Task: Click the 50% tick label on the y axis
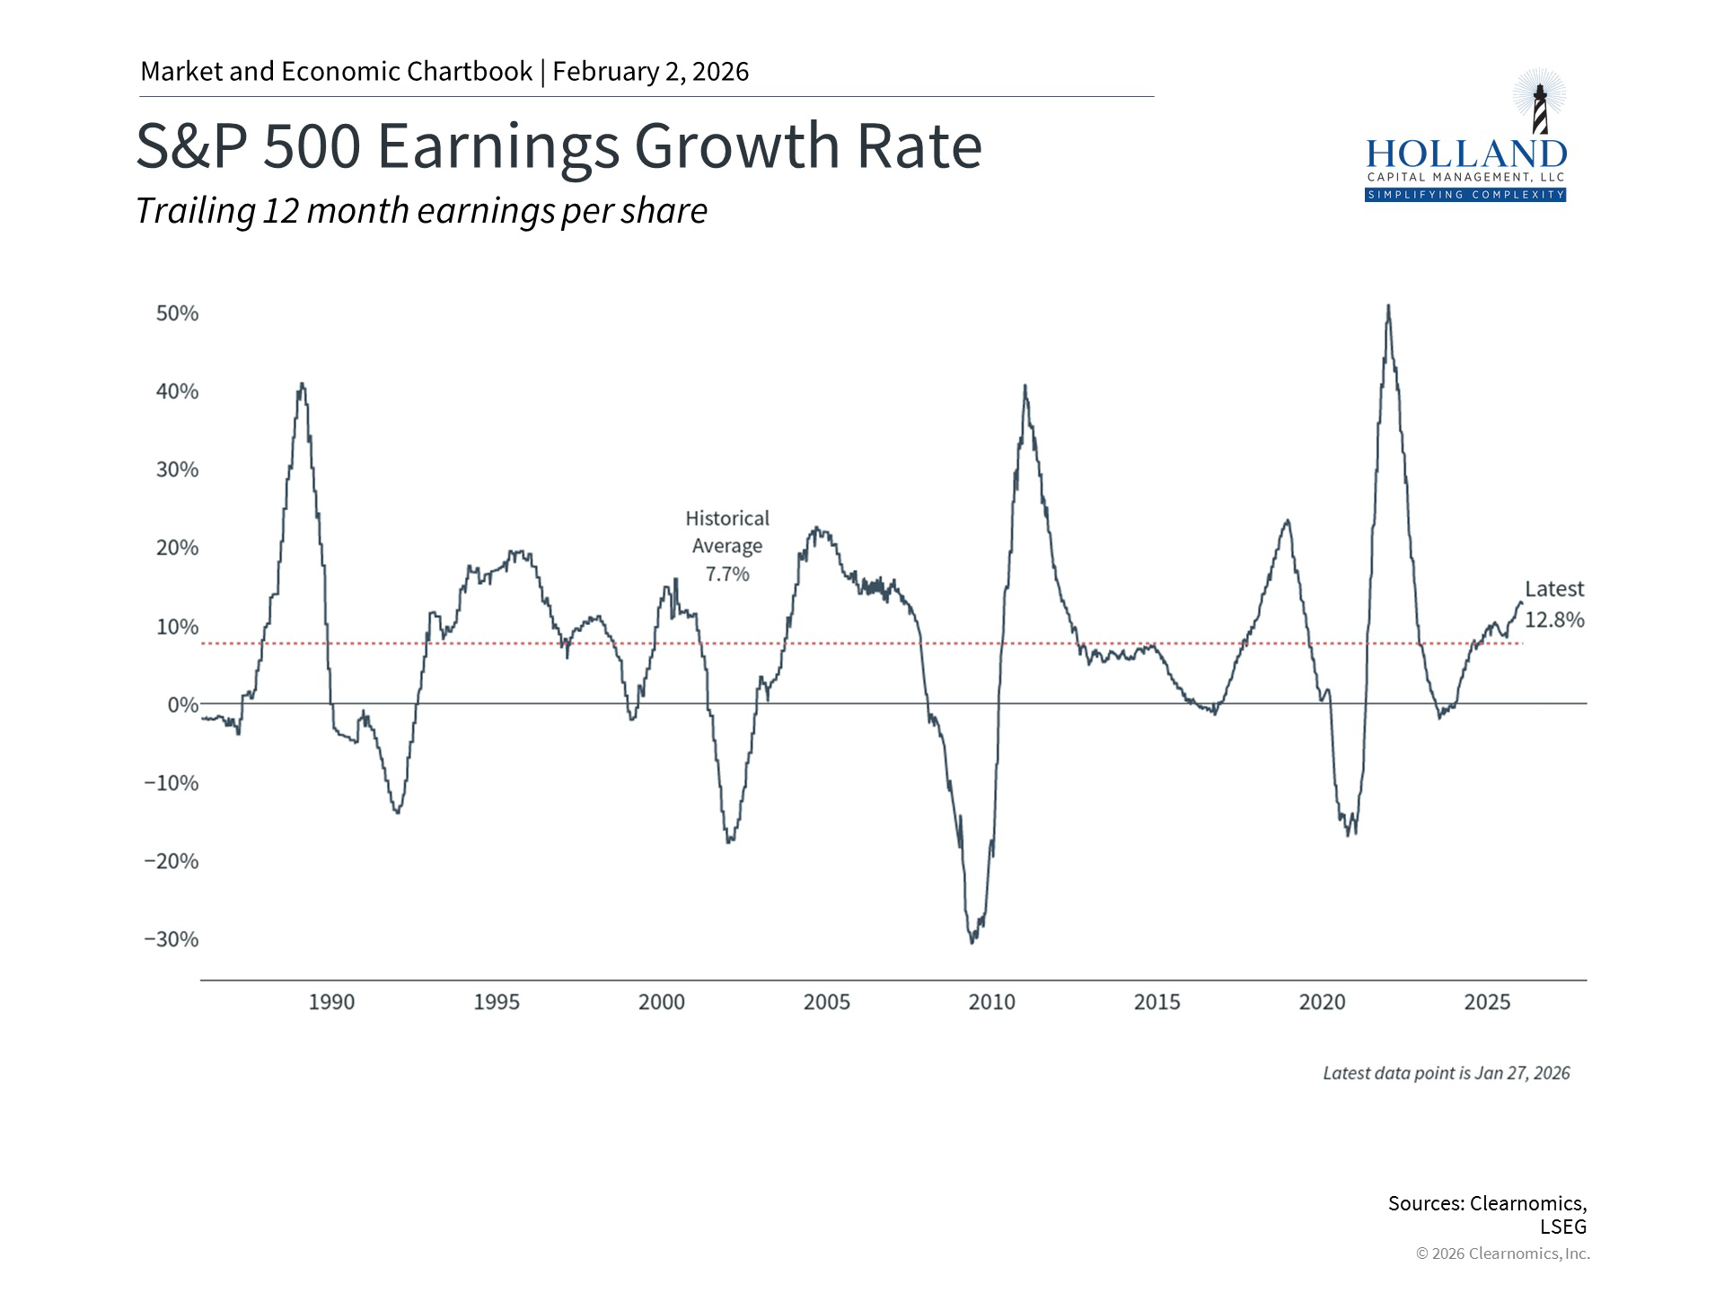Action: [x=177, y=313]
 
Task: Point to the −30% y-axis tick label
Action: [x=172, y=939]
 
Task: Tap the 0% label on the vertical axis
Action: [x=182, y=705]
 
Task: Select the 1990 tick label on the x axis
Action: [x=331, y=1002]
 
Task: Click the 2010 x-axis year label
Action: [x=991, y=1002]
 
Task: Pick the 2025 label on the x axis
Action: [x=1487, y=1002]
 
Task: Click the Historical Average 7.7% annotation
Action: [x=727, y=546]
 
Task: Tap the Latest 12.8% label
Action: [x=1554, y=604]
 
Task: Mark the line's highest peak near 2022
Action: [x=1388, y=307]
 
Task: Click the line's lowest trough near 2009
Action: [x=972, y=941]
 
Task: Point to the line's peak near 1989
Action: [x=302, y=384]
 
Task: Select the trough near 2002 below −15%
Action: [x=729, y=840]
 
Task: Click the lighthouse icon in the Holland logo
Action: [x=1539, y=106]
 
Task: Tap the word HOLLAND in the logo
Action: [x=1465, y=154]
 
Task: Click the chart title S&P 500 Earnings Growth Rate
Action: [x=559, y=145]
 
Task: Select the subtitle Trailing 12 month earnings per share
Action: [x=421, y=211]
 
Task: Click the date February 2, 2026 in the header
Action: [x=651, y=72]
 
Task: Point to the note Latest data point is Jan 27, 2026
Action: [x=1446, y=1073]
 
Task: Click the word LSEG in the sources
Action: [x=1563, y=1227]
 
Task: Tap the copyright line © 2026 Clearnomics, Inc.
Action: [x=1502, y=1253]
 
